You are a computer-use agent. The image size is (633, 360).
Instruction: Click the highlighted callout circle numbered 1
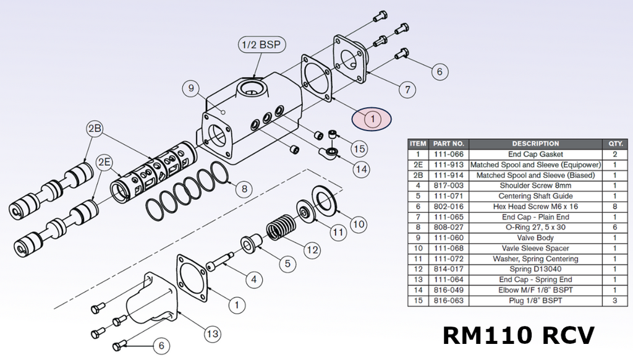coord(372,119)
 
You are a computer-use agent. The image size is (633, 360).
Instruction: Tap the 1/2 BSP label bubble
coord(261,45)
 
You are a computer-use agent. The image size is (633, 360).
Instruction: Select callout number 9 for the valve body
coord(191,88)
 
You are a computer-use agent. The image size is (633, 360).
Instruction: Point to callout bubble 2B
coord(95,129)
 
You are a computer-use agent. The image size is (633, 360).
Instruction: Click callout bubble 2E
coord(104,162)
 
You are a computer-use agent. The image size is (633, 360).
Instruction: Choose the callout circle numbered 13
coord(213,334)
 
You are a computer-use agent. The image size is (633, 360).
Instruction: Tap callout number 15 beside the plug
coord(359,148)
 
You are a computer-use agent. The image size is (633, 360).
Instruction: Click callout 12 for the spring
coord(312,250)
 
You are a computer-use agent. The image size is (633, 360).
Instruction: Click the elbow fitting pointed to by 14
coord(329,152)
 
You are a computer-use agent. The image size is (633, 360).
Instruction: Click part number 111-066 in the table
coord(449,155)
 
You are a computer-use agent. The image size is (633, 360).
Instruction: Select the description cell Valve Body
coord(535,238)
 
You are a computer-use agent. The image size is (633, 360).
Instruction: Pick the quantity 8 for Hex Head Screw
coord(615,207)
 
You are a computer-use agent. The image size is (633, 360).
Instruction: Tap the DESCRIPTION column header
coord(535,144)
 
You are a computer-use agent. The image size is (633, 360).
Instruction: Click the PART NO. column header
coord(449,144)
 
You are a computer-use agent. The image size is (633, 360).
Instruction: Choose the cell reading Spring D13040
coord(535,269)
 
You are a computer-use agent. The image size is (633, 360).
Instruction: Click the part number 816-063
coord(449,301)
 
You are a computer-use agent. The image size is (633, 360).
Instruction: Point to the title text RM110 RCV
coord(519,335)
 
